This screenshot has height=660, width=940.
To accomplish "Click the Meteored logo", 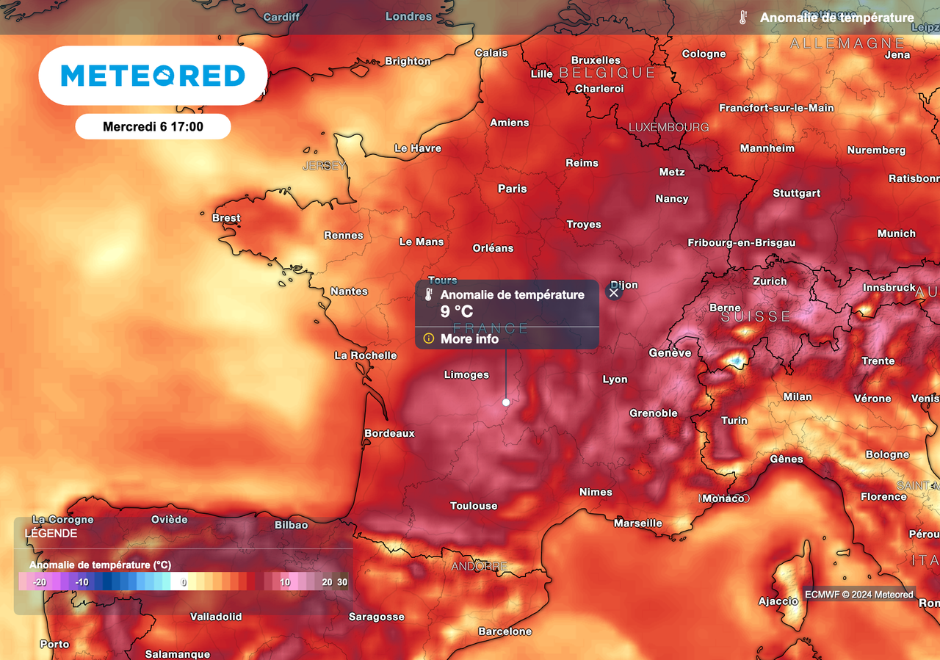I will pyautogui.click(x=153, y=76).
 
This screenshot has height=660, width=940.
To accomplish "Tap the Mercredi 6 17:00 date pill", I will pyautogui.click(x=153, y=126).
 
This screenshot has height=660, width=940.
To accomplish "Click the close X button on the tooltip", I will pyautogui.click(x=614, y=292).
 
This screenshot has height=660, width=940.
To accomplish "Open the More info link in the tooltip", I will pyautogui.click(x=469, y=339).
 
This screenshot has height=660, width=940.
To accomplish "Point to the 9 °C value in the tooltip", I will pyautogui.click(x=457, y=311).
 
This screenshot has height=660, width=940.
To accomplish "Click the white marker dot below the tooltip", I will pyautogui.click(x=506, y=402).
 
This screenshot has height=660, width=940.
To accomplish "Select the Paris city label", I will pyautogui.click(x=513, y=189).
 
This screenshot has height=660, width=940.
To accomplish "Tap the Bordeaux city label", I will pyautogui.click(x=390, y=433).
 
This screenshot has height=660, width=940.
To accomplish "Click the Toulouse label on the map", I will pyautogui.click(x=474, y=506).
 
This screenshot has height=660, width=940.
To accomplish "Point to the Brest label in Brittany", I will pyautogui.click(x=226, y=218).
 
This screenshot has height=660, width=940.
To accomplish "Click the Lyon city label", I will pyautogui.click(x=615, y=380).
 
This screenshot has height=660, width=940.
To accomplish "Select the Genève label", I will pyautogui.click(x=670, y=353).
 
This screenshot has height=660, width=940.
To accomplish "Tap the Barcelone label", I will pyautogui.click(x=505, y=631).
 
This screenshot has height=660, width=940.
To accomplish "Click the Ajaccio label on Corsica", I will pyautogui.click(x=778, y=601).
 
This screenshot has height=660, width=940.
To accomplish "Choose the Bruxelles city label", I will pyautogui.click(x=596, y=60).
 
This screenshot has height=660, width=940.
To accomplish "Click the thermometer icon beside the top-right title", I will pyautogui.click(x=743, y=18).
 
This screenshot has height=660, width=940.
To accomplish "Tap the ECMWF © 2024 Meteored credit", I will pyautogui.click(x=859, y=595).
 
